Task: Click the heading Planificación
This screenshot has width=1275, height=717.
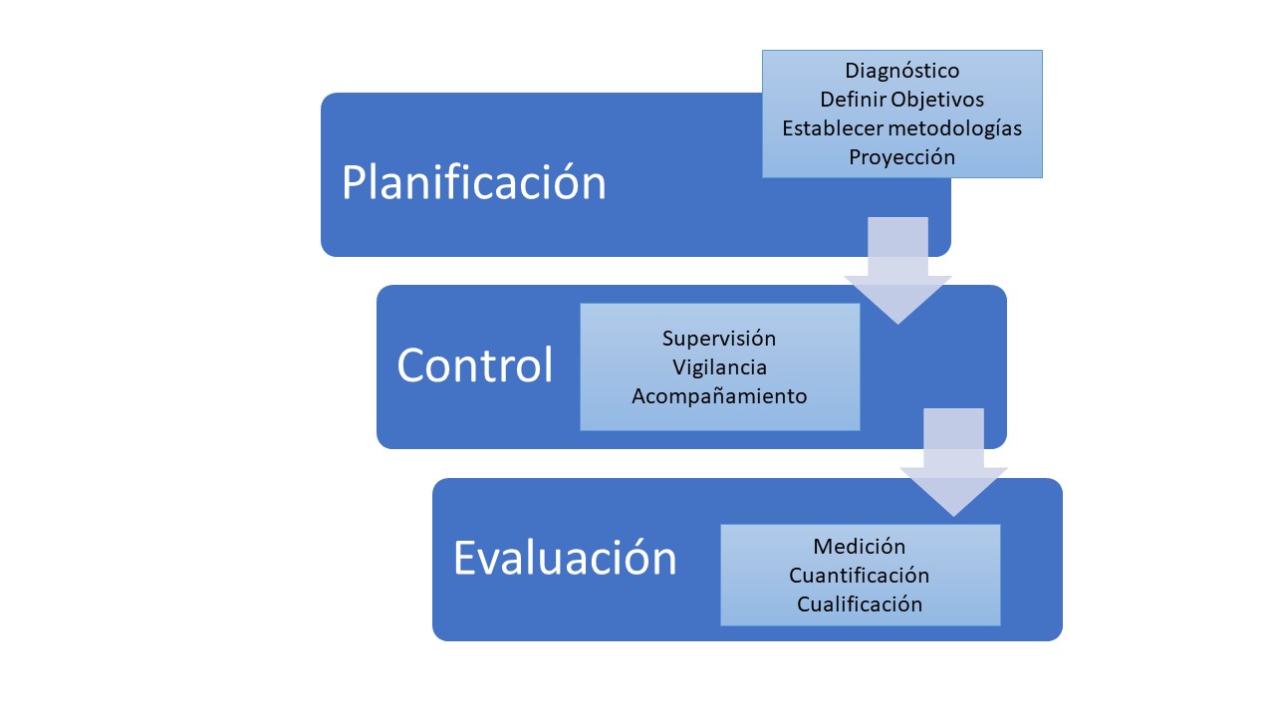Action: (474, 183)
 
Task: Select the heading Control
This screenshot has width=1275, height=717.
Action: (475, 365)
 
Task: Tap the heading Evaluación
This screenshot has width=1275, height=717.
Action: (565, 558)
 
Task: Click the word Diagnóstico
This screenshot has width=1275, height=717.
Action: (902, 71)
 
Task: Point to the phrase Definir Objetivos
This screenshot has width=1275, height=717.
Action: (902, 100)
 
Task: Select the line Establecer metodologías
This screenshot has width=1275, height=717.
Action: (902, 128)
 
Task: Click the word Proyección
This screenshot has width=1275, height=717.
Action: (902, 157)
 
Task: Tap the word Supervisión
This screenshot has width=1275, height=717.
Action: (719, 339)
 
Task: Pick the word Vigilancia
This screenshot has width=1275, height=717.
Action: (719, 367)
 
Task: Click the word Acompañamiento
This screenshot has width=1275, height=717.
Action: (719, 396)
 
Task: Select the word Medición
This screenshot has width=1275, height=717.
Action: (860, 547)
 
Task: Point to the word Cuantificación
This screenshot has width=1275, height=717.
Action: (860, 576)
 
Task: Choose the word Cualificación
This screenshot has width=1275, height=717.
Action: (860, 604)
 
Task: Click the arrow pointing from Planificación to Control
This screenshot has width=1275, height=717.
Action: (898, 274)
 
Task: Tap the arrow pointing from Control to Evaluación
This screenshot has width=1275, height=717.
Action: (954, 466)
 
